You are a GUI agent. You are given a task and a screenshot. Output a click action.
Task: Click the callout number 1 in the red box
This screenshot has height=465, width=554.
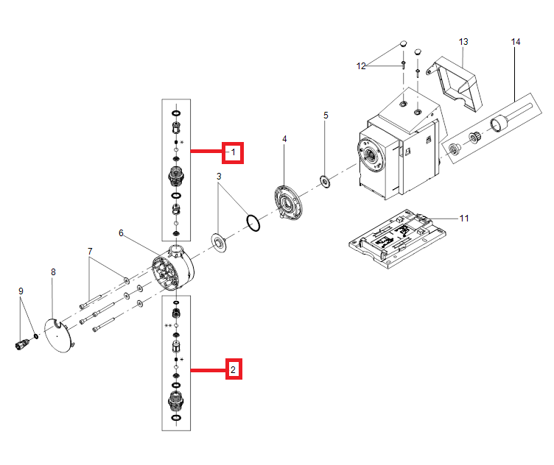234,152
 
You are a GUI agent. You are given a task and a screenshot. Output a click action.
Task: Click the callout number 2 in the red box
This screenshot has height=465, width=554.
234,369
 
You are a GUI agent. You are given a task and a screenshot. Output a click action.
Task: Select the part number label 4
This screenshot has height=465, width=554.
284,139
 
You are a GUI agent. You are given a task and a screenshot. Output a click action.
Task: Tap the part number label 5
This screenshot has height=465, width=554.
326,116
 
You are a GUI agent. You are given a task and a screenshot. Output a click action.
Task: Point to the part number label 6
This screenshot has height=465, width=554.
122,233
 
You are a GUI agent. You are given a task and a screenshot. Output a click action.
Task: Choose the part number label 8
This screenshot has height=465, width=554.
53,272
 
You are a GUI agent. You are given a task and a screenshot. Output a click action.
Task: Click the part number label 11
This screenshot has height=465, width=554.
463,219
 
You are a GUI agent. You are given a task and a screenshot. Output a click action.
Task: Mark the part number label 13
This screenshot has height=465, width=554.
463,42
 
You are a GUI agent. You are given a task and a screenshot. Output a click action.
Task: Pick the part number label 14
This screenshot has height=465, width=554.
515,42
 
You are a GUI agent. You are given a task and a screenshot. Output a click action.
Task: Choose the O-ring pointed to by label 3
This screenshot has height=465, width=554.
253,221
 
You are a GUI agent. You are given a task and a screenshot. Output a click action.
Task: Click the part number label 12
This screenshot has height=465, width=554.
361,66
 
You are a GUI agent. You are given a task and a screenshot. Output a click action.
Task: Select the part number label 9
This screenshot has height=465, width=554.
21,291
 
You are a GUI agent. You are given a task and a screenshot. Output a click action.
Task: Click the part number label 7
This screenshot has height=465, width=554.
90,252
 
